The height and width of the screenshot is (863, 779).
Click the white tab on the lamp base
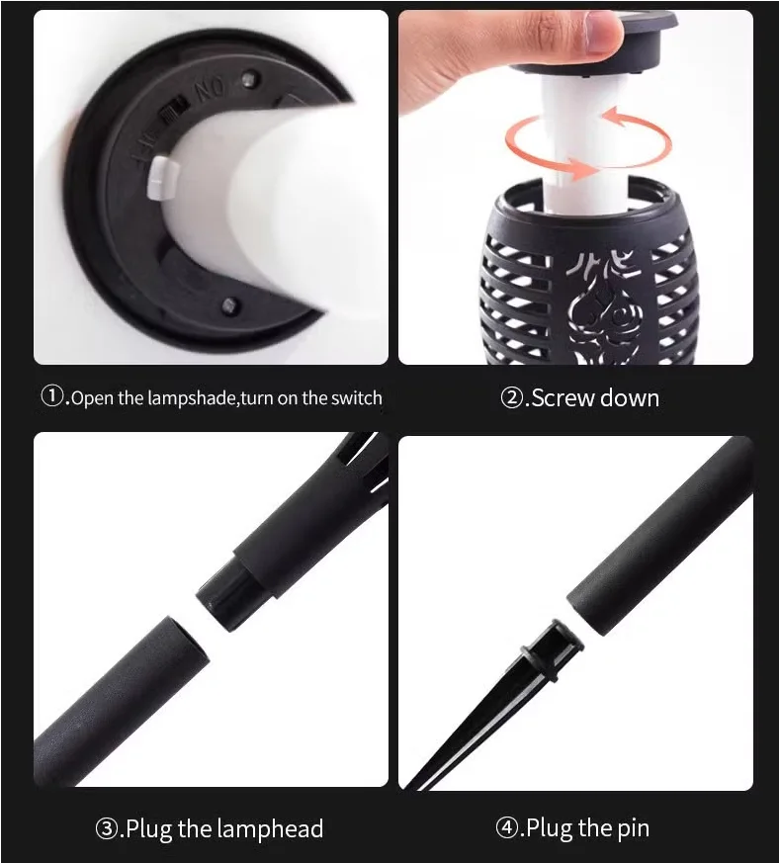[x=162, y=177]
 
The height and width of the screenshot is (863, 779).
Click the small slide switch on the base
[x=171, y=113]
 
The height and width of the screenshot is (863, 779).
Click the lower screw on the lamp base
[x=230, y=304]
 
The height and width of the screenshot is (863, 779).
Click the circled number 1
[x=52, y=396]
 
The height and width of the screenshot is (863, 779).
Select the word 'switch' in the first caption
[x=356, y=398]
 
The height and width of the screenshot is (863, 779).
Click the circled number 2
[x=511, y=397]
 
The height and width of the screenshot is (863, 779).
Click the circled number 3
[x=106, y=828]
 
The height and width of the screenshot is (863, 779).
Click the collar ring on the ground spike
[x=553, y=650]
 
